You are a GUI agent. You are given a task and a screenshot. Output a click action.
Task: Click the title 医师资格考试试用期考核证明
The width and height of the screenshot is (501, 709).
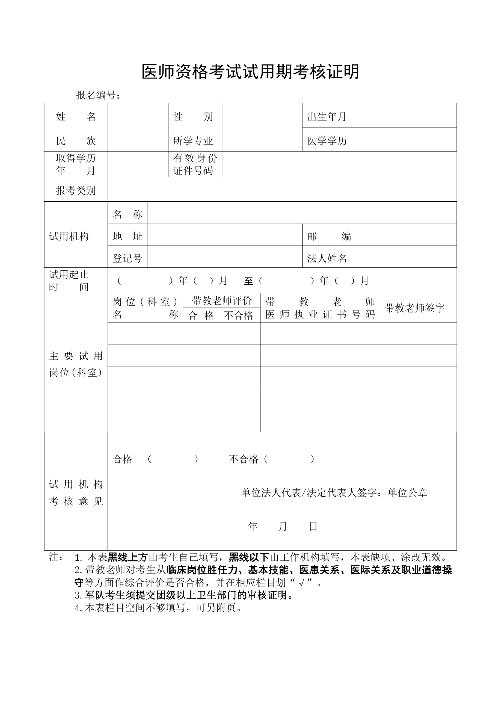coord(250,72)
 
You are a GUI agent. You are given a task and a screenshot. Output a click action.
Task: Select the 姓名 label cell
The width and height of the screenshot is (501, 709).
coord(76,116)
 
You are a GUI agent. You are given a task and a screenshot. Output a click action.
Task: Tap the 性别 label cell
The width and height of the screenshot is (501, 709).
coord(193,116)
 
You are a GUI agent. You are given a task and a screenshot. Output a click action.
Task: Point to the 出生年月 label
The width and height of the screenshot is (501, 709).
coord(327,116)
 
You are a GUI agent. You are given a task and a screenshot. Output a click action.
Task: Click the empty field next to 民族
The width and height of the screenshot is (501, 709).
coord(138,140)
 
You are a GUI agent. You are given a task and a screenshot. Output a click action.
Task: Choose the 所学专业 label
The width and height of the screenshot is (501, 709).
coord(193,141)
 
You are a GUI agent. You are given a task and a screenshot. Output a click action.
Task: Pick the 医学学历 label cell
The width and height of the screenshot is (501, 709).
coord(327,141)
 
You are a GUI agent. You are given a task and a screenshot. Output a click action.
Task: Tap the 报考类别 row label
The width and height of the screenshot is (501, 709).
coord(76,190)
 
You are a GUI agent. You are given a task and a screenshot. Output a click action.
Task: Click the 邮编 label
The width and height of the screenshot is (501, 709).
coord(329,236)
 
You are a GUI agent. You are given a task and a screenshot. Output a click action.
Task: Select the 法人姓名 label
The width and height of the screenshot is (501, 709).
coord(327,258)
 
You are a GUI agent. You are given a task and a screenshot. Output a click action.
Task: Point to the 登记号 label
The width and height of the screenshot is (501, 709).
coord(127,258)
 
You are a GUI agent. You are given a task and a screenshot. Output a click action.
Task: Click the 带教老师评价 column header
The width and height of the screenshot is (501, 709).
coord(222,300)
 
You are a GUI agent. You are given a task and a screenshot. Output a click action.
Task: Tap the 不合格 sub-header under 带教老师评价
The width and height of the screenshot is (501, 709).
coord(238,315)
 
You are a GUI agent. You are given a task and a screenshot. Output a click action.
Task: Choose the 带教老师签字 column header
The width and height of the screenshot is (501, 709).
coord(414,308)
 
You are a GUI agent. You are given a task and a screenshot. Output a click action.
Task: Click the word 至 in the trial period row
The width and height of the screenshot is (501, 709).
coord(248,281)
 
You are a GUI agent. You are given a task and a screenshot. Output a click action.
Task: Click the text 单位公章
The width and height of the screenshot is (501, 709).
coord(407,492)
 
